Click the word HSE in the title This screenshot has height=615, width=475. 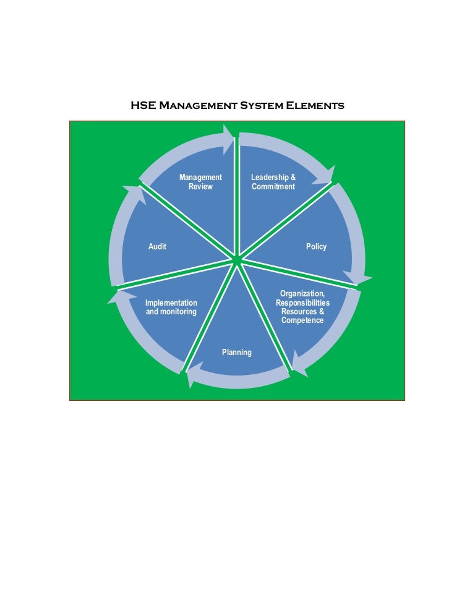point(143,106)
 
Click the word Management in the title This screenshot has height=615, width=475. point(199,106)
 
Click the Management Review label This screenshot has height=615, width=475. point(200,182)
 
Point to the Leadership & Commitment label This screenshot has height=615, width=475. point(273,182)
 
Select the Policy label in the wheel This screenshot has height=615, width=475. point(316,247)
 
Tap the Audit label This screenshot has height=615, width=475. point(157,247)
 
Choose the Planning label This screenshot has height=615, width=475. point(237,353)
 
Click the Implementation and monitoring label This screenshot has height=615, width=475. point(171,307)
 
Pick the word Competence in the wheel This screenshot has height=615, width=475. point(302,320)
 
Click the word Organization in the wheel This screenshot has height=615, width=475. point(302,293)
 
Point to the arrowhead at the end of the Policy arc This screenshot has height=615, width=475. point(359,278)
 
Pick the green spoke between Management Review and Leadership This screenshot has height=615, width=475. point(237,198)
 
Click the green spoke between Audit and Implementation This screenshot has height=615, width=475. point(179,272)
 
